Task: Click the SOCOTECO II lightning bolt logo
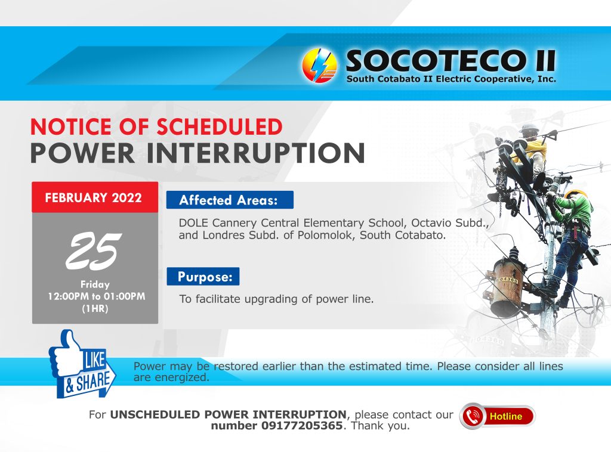[320, 66]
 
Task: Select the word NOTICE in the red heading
[70, 126]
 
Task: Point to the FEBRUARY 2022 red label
[94, 198]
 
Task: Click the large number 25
[94, 250]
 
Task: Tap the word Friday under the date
[95, 284]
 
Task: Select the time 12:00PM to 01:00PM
[96, 296]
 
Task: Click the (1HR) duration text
[95, 309]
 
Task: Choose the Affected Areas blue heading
[230, 200]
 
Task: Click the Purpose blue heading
[203, 277]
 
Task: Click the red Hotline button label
[506, 417]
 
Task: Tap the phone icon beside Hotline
[473, 416]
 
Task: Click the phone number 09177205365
[301, 426]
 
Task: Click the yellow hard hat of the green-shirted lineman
[576, 194]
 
